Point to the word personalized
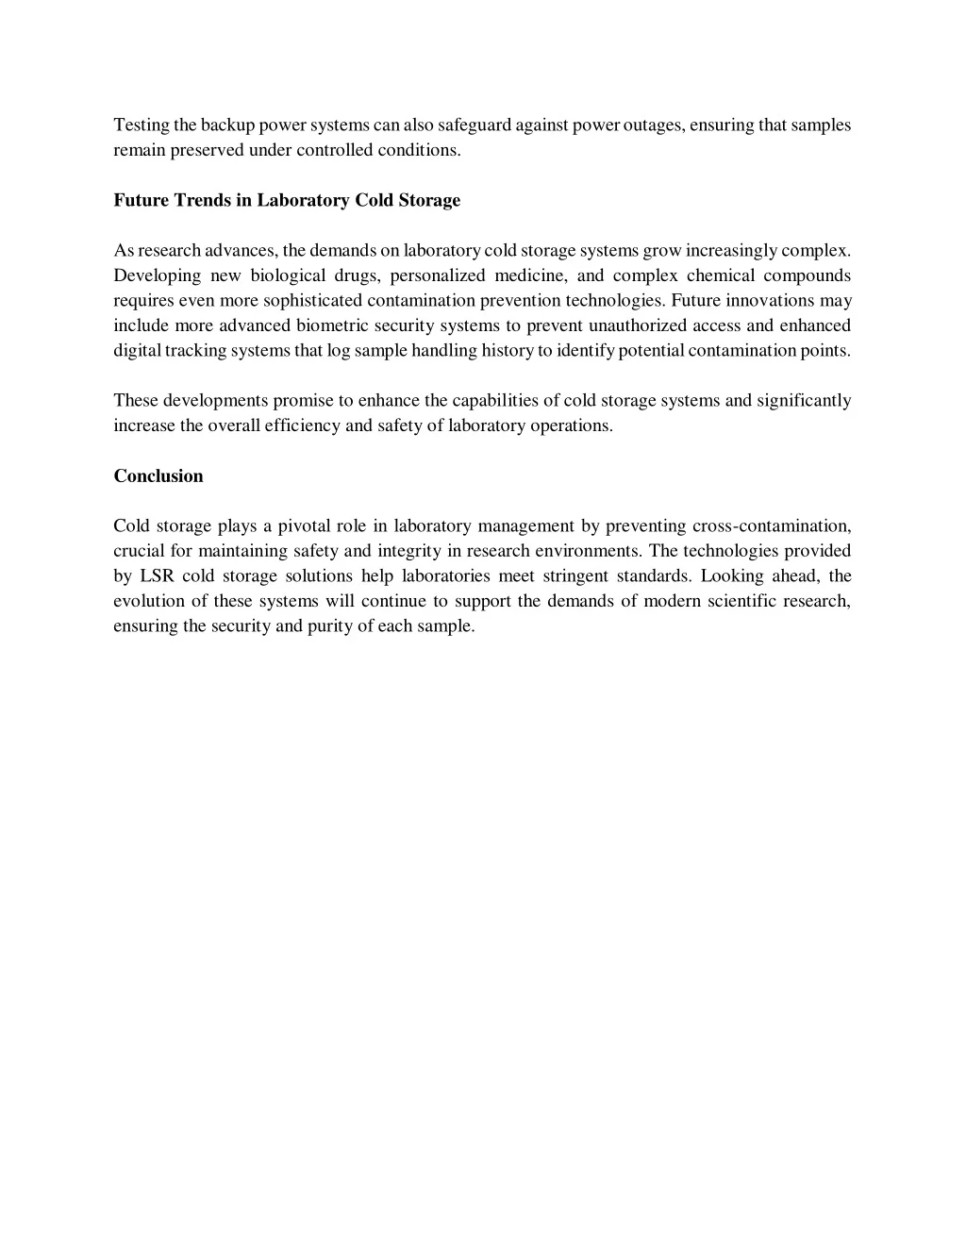click(x=438, y=275)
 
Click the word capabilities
click(x=495, y=401)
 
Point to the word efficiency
click(x=302, y=425)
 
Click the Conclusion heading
click(x=158, y=476)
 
